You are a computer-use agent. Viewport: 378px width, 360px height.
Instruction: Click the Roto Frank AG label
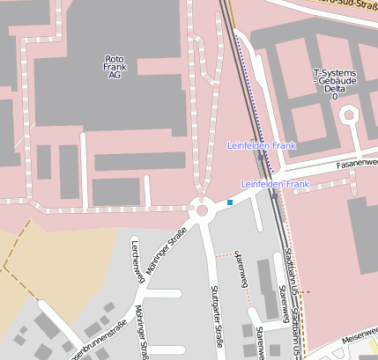[114, 67]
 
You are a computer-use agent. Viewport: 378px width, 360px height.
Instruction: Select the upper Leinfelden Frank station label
[261, 144]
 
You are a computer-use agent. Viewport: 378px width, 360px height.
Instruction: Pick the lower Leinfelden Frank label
[275, 185]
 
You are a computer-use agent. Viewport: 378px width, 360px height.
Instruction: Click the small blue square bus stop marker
[230, 202]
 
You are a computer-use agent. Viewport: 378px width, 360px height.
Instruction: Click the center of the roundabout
[203, 209]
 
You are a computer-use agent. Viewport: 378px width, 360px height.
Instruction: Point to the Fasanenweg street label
[356, 164]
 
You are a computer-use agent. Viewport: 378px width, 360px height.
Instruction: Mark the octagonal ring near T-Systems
[348, 114]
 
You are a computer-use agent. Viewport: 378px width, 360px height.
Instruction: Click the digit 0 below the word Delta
[334, 96]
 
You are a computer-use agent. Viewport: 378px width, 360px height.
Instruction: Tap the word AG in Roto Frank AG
[114, 77]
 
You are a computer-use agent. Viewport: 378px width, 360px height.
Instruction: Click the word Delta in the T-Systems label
[334, 88]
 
